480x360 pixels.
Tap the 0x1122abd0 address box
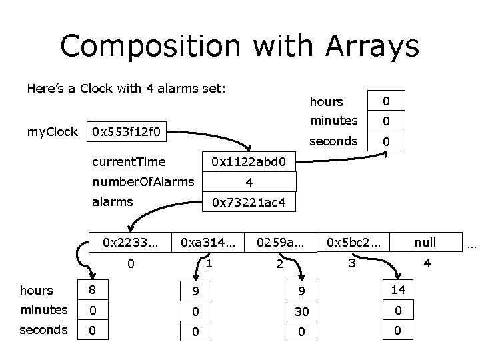tap(248, 161)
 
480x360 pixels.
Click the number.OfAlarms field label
tap(143, 181)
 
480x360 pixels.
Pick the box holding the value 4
tap(248, 181)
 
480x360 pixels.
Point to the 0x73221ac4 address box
tap(248, 202)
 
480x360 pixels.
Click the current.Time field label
tap(129, 161)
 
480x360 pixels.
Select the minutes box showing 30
tap(302, 310)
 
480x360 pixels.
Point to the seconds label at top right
tap(333, 141)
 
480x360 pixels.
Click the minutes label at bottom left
tap(43, 310)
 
